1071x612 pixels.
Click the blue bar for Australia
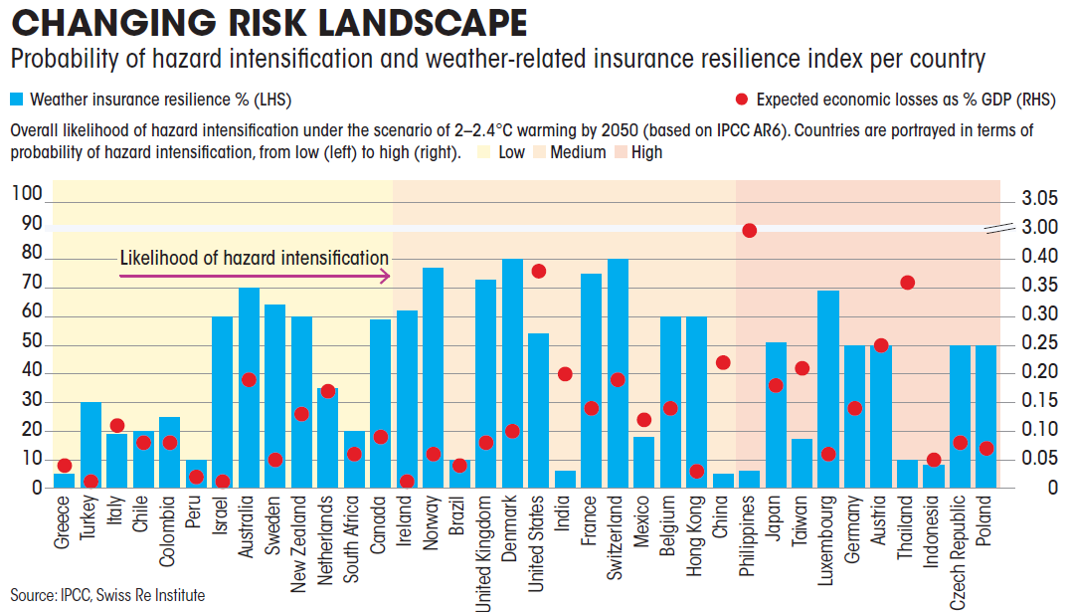tap(249, 388)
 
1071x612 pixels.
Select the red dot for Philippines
tap(750, 230)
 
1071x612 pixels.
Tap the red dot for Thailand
tap(907, 283)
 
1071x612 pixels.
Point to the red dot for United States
tap(539, 271)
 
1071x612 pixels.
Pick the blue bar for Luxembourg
tap(828, 389)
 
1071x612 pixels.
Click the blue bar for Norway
tap(433, 378)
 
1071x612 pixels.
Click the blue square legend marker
tap(16, 100)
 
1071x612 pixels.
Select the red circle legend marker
tap(741, 100)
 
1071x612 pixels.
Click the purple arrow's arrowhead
tap(384, 277)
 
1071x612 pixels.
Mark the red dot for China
tap(723, 362)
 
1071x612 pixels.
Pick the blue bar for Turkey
tap(90, 445)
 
